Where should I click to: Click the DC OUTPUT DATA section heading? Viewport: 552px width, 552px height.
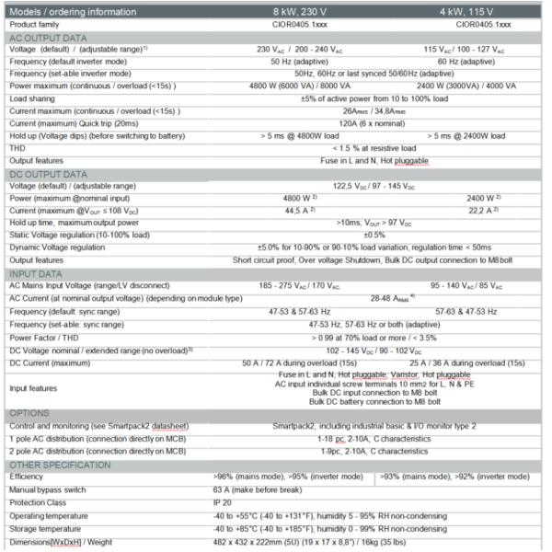(48, 174)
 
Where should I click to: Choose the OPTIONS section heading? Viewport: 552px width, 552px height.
(31, 413)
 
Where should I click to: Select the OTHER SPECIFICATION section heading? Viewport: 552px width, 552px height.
(57, 466)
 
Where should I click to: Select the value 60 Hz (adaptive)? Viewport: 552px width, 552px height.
(470, 60)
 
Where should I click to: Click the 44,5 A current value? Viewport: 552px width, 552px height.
(294, 210)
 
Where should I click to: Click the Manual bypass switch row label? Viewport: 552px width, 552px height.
(52, 490)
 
